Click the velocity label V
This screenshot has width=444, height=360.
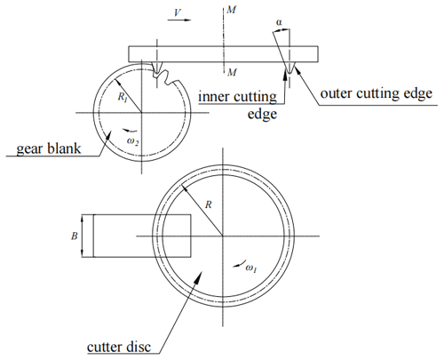178,12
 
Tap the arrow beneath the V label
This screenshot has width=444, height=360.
179,20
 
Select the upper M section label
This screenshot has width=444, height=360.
231,10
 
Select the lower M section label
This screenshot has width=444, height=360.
232,72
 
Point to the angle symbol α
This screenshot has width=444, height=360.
279,22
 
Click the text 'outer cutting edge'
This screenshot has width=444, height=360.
377,93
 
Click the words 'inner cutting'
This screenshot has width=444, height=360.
238,97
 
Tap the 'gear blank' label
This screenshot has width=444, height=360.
49,148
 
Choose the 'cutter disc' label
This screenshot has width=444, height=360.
119,347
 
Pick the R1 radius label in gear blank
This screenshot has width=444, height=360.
123,97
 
